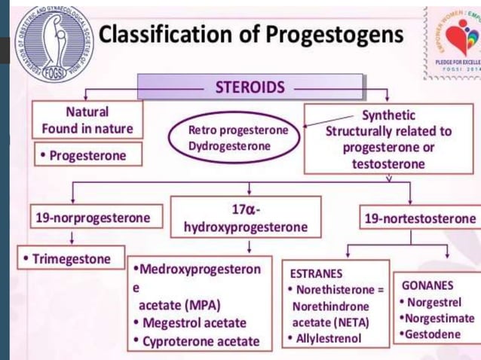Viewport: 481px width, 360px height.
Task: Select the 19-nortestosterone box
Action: pos(420,218)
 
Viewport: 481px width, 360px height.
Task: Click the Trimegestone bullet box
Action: pos(71,259)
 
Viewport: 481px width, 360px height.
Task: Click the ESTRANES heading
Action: pos(313,273)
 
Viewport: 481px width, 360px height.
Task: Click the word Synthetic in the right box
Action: pos(388,115)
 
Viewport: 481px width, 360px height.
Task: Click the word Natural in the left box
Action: pos(87,111)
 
